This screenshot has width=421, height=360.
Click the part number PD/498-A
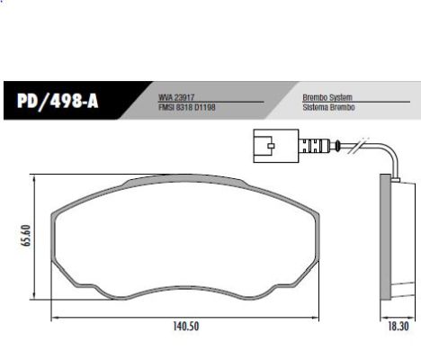(x=57, y=102)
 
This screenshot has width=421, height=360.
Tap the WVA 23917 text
(x=178, y=96)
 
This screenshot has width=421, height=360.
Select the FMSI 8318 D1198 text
(x=186, y=107)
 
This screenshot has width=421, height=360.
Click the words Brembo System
(x=327, y=96)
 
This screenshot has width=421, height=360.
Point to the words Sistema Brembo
(x=329, y=107)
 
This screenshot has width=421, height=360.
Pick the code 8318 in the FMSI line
(x=184, y=107)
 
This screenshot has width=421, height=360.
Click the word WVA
(x=166, y=96)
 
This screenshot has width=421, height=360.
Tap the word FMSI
(x=167, y=107)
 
